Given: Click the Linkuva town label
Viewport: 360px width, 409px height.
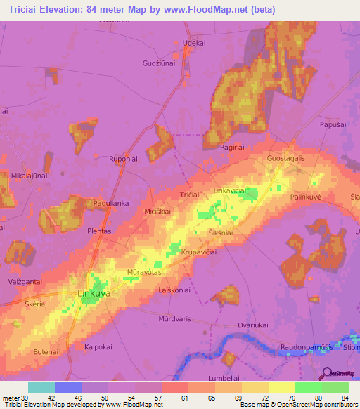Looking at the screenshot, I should click(93, 294).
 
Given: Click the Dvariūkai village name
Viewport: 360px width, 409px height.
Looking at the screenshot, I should click(254, 325).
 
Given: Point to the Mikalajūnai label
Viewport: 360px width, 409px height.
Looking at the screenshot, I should click(29, 176).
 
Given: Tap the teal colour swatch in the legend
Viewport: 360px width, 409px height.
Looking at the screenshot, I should click(41, 387).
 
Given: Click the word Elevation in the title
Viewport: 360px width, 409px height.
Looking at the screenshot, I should click(69, 9).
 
